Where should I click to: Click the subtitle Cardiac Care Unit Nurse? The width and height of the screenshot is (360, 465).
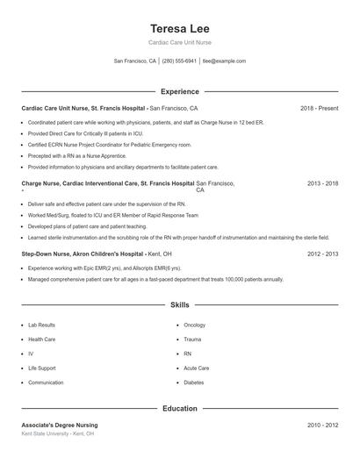(179, 42)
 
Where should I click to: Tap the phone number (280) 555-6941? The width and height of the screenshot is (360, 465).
(179, 61)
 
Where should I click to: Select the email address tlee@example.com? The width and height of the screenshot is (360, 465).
(224, 61)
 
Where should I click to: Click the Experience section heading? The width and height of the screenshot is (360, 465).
(179, 91)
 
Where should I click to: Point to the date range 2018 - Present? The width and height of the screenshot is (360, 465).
(319, 108)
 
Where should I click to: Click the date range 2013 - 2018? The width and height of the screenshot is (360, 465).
(322, 184)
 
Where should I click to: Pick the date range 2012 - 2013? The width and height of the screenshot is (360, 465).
(322, 254)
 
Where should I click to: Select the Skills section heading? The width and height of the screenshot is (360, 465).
(179, 305)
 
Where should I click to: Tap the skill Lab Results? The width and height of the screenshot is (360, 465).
(41, 325)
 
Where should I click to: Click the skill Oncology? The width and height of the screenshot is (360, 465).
(194, 325)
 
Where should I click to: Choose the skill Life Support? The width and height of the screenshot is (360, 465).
(42, 368)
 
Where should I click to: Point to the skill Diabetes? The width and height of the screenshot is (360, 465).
(193, 383)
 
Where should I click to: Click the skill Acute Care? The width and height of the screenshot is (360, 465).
(196, 368)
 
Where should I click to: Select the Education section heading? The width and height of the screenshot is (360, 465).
(179, 408)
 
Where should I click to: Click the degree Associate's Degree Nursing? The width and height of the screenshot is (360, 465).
(60, 425)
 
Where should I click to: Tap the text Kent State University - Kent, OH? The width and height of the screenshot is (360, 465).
(58, 433)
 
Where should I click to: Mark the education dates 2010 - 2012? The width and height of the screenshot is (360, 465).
(322, 425)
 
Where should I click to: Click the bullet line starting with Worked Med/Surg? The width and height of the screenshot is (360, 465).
(112, 215)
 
